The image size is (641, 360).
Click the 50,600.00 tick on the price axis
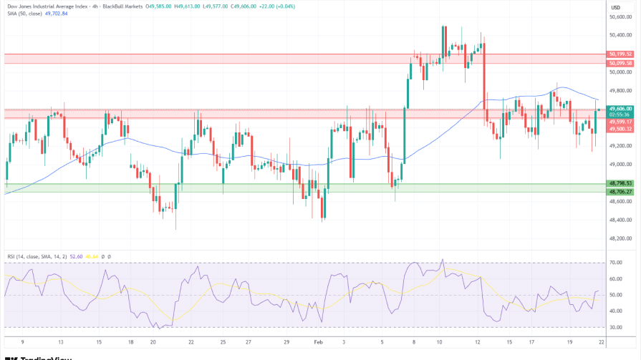[620, 16]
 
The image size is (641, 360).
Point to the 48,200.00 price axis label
[620, 239]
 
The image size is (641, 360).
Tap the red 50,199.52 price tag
[620, 54]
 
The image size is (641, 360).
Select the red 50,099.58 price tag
[620, 63]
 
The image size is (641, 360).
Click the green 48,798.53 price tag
[620, 183]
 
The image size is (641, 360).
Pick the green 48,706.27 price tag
[620, 192]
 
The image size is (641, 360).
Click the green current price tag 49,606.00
[620, 109]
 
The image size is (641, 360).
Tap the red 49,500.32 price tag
[620, 129]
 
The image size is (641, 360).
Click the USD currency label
[615, 7]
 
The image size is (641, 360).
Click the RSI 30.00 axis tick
[615, 328]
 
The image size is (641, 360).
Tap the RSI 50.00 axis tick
[615, 295]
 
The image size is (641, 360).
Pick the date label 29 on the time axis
[286, 343]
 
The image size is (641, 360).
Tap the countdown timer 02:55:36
[620, 115]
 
